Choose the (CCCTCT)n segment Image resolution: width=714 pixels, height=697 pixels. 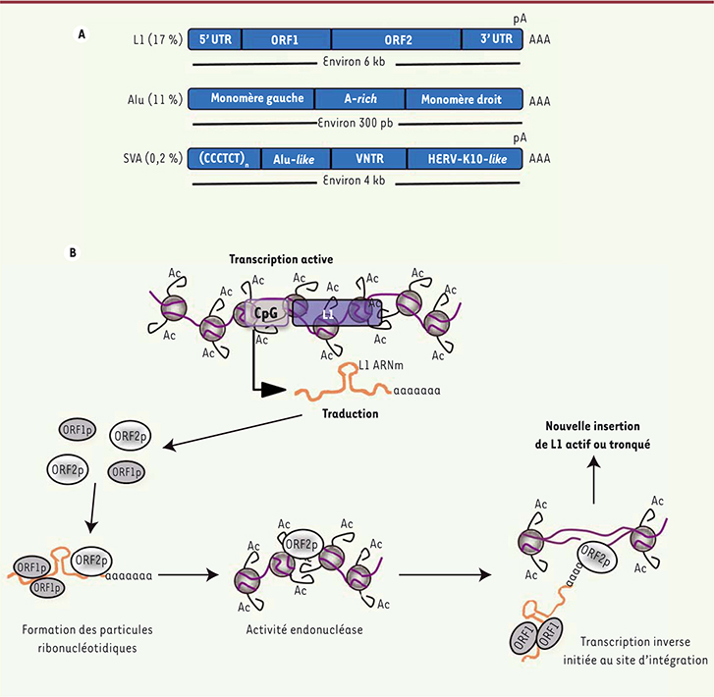pyautogui.click(x=221, y=157)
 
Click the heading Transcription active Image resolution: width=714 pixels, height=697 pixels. pyautogui.click(x=279, y=259)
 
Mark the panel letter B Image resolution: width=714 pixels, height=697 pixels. pyautogui.click(x=74, y=252)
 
